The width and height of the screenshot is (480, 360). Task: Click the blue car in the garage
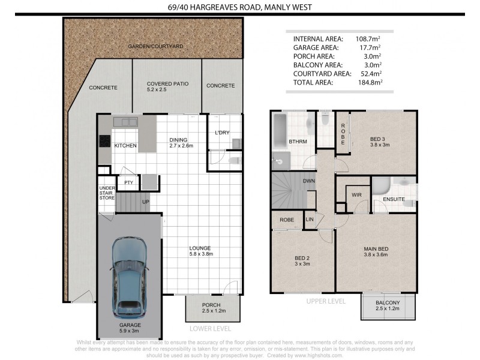(x=130, y=278)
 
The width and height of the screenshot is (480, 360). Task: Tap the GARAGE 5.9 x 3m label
(x=130, y=328)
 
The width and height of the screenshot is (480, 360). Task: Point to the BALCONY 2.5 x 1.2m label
(x=388, y=305)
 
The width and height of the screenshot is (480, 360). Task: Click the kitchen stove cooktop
(x=104, y=141)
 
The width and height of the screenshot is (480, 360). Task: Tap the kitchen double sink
(x=125, y=122)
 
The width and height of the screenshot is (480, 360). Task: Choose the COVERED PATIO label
(x=167, y=83)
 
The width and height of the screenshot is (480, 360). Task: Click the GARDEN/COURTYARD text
(x=155, y=46)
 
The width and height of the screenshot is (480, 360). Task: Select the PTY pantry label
(x=128, y=182)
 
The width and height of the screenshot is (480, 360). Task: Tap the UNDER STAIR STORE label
(x=107, y=193)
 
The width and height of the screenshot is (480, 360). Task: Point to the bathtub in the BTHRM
(x=280, y=130)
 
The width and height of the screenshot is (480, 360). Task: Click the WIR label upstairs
(x=356, y=194)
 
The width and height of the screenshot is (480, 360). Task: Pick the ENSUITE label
(x=394, y=199)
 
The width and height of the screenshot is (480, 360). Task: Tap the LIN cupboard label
(x=310, y=219)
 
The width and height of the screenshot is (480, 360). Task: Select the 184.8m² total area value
(x=370, y=82)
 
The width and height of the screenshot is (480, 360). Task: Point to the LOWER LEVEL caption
(x=211, y=329)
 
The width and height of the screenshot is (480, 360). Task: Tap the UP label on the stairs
(x=146, y=202)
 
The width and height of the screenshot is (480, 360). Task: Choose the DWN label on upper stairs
(x=309, y=181)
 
